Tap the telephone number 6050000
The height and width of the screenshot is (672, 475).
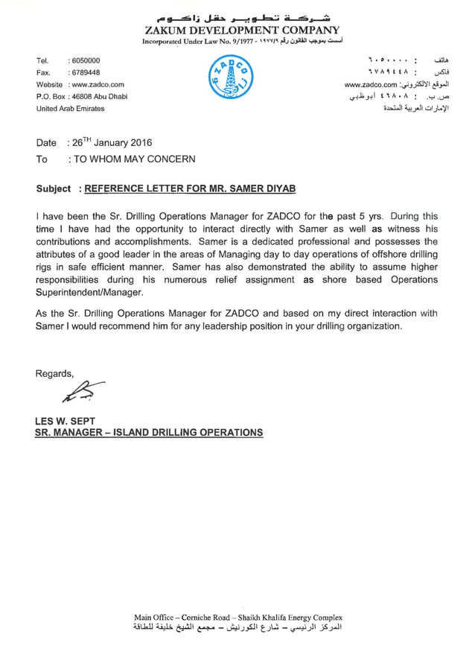84,60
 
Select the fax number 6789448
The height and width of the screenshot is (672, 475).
84,72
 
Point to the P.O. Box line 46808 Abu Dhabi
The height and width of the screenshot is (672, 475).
98,97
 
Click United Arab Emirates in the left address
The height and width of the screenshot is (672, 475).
71,109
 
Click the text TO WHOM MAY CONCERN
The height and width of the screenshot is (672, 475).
132,159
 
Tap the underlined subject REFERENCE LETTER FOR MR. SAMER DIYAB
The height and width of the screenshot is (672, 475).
191,189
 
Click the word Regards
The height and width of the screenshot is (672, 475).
55,373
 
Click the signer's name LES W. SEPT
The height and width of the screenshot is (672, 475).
66,421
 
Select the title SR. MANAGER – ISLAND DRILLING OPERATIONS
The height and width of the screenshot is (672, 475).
149,432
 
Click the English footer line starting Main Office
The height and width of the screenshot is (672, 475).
238,618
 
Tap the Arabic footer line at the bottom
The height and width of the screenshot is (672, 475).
238,630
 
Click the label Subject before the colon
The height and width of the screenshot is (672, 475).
54,189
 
